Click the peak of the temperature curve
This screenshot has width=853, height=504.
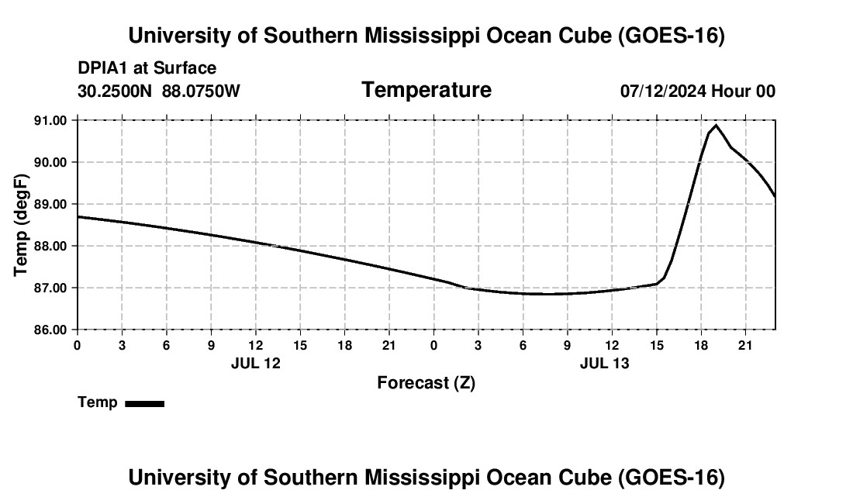[x=716, y=126]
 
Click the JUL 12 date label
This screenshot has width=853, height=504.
[x=256, y=363]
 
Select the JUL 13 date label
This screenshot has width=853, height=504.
[x=604, y=363]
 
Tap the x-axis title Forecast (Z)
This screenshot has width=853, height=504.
[x=427, y=383]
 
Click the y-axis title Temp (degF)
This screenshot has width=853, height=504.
[x=21, y=225]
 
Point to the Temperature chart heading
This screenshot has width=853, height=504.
[x=427, y=90]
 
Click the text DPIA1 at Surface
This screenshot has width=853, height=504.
[x=147, y=68]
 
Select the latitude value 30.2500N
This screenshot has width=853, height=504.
[x=115, y=91]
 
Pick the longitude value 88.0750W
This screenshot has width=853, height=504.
[x=201, y=91]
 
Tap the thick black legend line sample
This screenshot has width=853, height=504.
[x=145, y=403]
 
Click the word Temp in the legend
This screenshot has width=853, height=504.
[x=98, y=402]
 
